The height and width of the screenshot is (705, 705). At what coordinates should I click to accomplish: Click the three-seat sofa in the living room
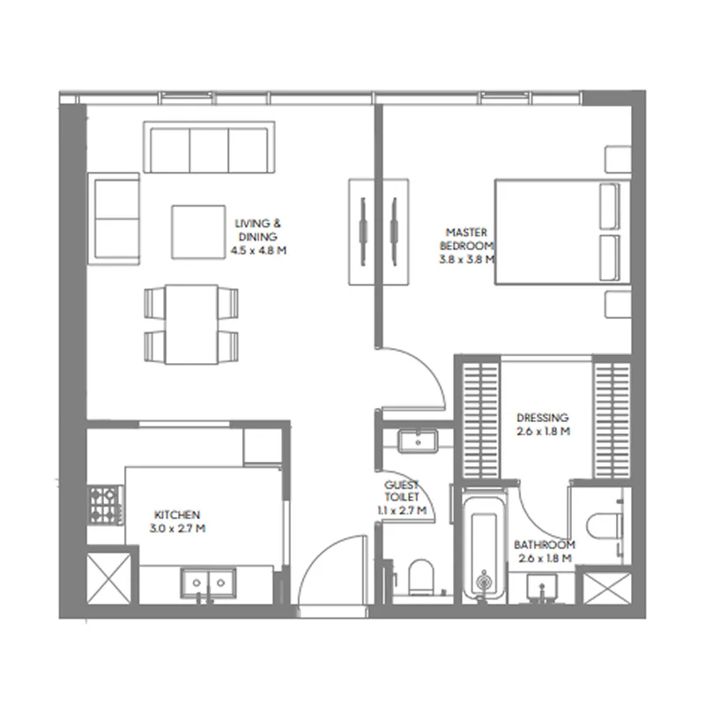tap(209, 147)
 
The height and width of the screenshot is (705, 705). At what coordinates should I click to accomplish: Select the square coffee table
tap(199, 232)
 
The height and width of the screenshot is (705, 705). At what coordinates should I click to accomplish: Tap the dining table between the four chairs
tap(193, 324)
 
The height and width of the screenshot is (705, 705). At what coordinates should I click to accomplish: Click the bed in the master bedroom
tap(561, 233)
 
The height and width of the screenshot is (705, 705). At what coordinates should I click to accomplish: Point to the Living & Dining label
tap(257, 230)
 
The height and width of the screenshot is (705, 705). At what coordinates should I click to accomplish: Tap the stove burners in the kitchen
tap(104, 505)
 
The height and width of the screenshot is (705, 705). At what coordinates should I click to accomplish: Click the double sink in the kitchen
tap(208, 583)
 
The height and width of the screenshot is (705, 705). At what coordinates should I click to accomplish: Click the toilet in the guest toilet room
tap(420, 576)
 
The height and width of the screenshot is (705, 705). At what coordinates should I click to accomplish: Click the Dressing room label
tap(542, 418)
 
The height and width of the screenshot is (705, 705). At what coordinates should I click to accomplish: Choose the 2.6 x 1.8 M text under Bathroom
tap(545, 558)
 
